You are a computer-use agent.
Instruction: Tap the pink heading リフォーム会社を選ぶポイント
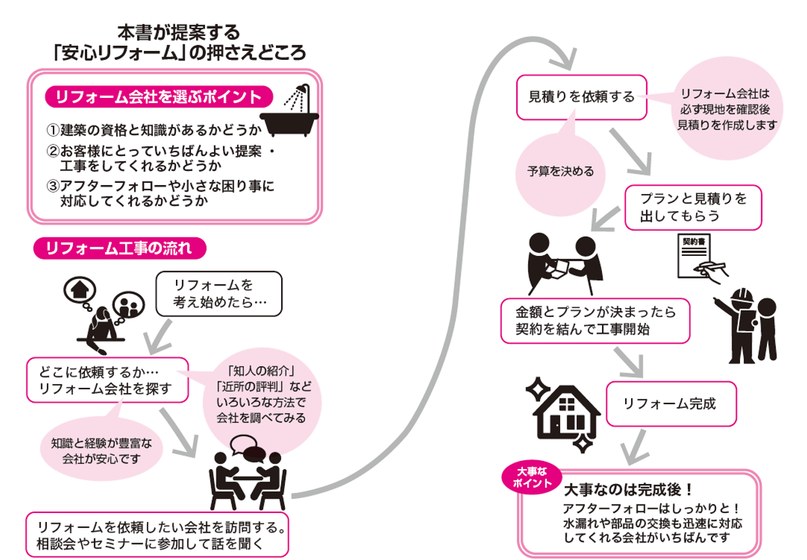click(x=159, y=97)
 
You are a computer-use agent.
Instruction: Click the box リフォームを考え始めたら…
click(x=219, y=294)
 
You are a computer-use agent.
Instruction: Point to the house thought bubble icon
click(x=77, y=288)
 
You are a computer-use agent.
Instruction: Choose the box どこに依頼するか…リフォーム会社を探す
click(x=107, y=380)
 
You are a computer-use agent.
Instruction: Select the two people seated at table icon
click(x=248, y=477)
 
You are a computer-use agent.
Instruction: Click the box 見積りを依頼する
click(x=581, y=97)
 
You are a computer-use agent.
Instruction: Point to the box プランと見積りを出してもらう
click(x=693, y=208)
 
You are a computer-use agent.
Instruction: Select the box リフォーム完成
click(x=670, y=404)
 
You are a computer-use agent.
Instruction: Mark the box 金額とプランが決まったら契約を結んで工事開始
click(x=596, y=320)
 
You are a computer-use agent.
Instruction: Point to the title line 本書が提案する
click(x=179, y=31)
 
